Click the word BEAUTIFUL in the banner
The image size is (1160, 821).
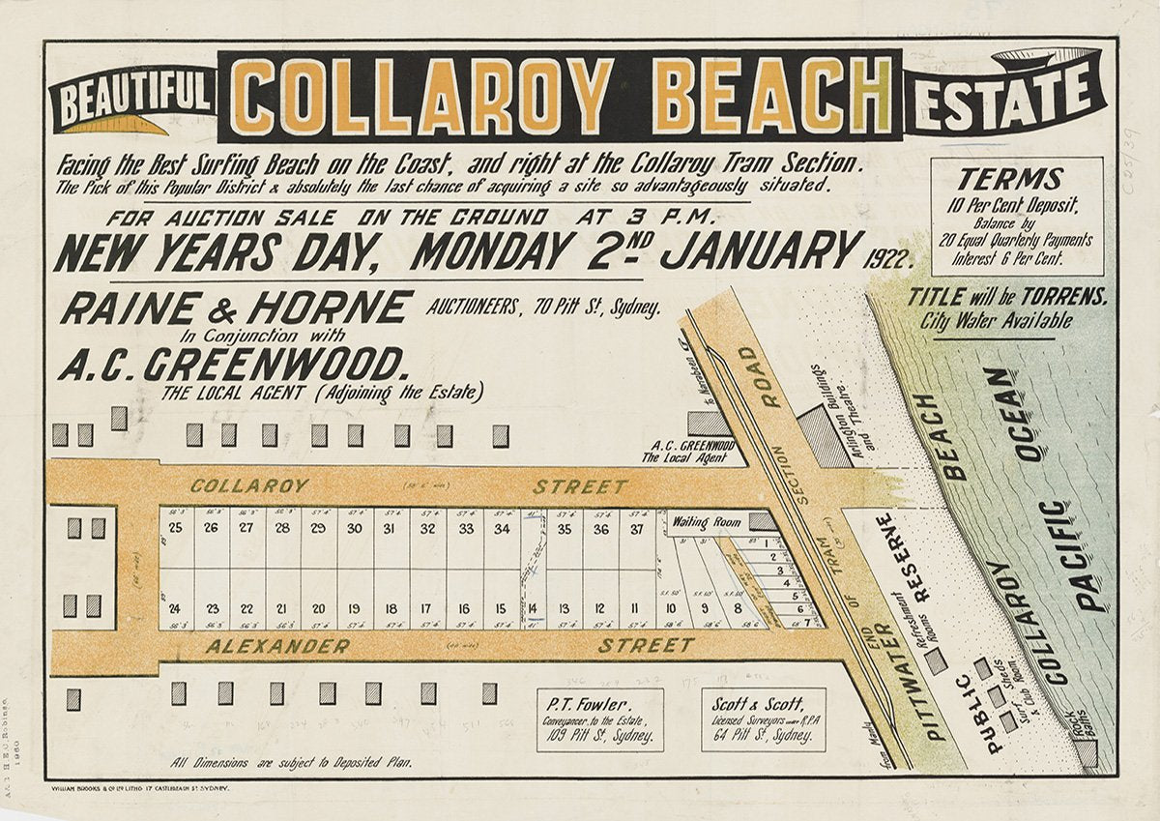[x=131, y=98]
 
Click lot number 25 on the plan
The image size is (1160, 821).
[x=175, y=528]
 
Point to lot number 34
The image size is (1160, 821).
[x=501, y=528]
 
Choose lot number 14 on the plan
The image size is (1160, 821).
[x=533, y=608]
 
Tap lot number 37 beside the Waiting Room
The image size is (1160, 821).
[x=637, y=528]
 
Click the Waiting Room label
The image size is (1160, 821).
[x=709, y=521]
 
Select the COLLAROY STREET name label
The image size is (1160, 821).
[x=249, y=485]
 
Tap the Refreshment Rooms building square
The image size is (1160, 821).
[x=935, y=661]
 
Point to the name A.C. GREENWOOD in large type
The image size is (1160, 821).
[x=231, y=367]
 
